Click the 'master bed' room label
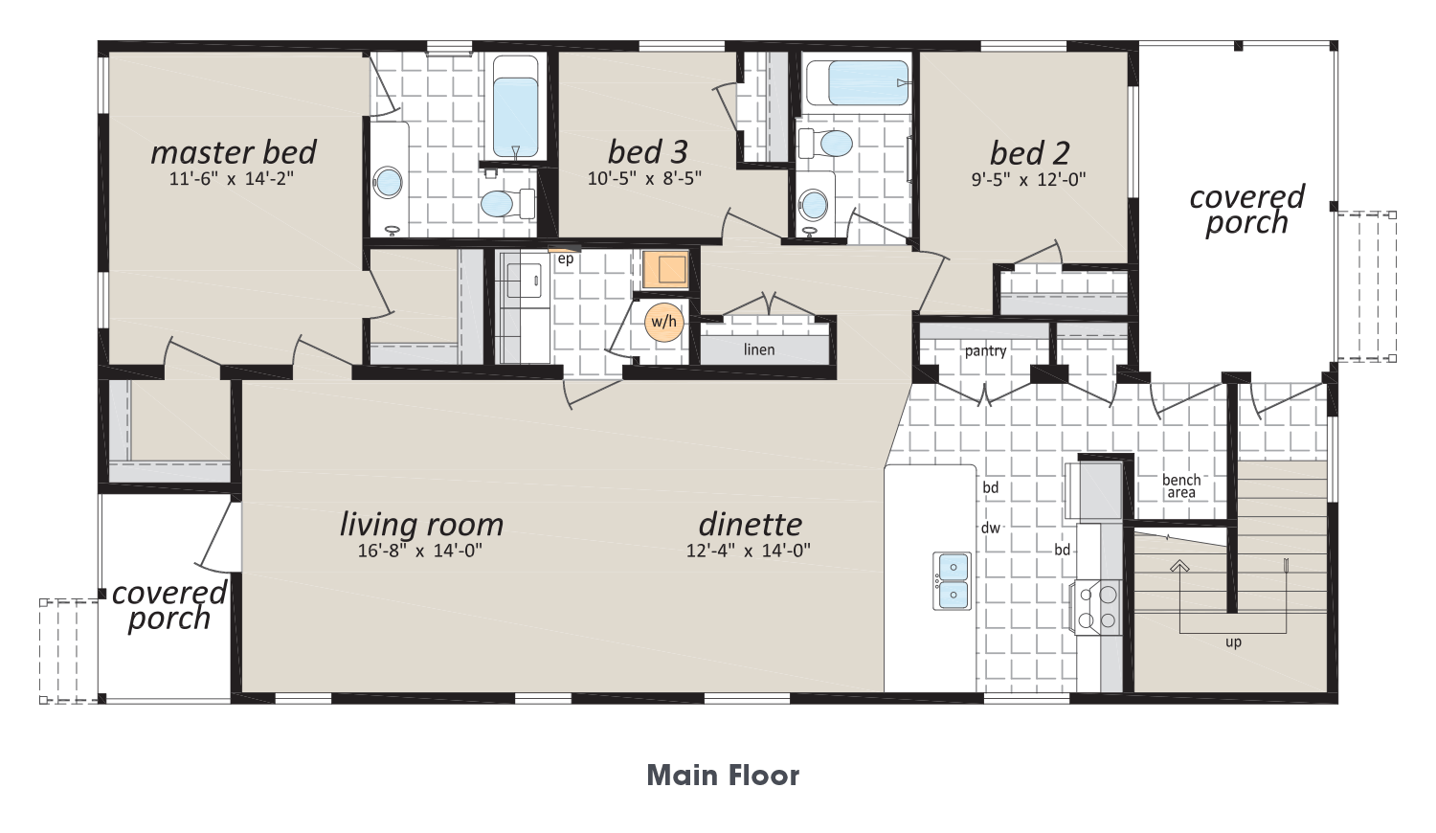(x=234, y=152)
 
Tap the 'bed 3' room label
(x=647, y=152)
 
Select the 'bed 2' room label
(x=1029, y=153)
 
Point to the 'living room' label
(x=421, y=525)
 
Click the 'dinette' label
(x=750, y=525)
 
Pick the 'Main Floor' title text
(x=723, y=776)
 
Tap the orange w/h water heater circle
(x=664, y=322)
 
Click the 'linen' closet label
(x=759, y=349)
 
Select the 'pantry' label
(x=985, y=350)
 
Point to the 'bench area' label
(x=1181, y=486)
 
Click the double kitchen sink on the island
(x=952, y=580)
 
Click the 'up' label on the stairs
(x=1233, y=642)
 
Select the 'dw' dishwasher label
(x=991, y=528)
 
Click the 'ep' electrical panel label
(x=565, y=259)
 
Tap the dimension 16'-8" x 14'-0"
(x=420, y=551)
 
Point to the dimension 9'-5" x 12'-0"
(x=1029, y=179)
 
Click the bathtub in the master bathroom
(x=515, y=108)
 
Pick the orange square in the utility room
(x=665, y=270)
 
